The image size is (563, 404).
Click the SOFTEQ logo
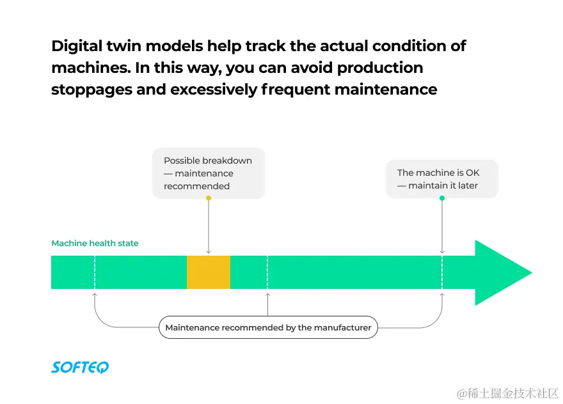80,367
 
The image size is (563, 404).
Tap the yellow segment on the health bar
208,272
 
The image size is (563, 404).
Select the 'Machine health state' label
95,244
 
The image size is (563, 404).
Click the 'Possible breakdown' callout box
208,173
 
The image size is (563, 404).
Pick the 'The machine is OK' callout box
441,179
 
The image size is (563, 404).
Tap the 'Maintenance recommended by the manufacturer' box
268,327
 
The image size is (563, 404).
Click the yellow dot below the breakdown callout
209,198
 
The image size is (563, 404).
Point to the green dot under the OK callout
442,198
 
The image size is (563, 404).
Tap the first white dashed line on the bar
95,272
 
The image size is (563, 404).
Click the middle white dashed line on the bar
267,272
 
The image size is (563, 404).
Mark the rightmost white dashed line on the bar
442,272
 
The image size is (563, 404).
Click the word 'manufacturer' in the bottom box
343,327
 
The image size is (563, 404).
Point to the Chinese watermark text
508,392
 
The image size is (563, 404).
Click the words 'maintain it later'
443,186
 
